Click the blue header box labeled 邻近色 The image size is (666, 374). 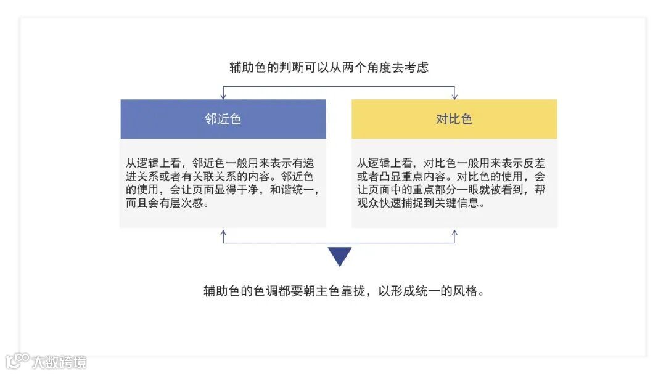pos(223,119)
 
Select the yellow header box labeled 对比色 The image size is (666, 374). pos(454,119)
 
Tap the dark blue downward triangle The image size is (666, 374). pos(339,256)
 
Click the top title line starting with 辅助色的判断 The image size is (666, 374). pos(329,68)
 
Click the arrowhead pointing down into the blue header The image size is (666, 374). pos(223,96)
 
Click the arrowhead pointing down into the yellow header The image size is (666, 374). pos(454,96)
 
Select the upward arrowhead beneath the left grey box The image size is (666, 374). pos(223,234)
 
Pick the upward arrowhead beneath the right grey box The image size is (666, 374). pos(454,234)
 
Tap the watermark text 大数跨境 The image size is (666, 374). pos(60,362)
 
